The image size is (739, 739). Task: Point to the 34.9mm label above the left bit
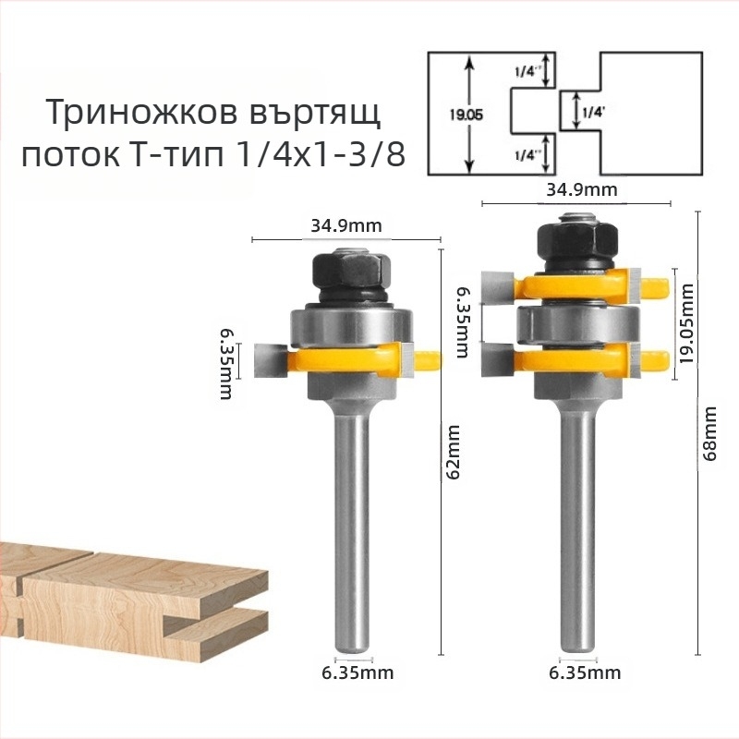coord(345,225)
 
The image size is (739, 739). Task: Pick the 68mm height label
coord(710,433)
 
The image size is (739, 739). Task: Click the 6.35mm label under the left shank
coord(345,672)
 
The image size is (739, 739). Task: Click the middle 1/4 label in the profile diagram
coord(591,113)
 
